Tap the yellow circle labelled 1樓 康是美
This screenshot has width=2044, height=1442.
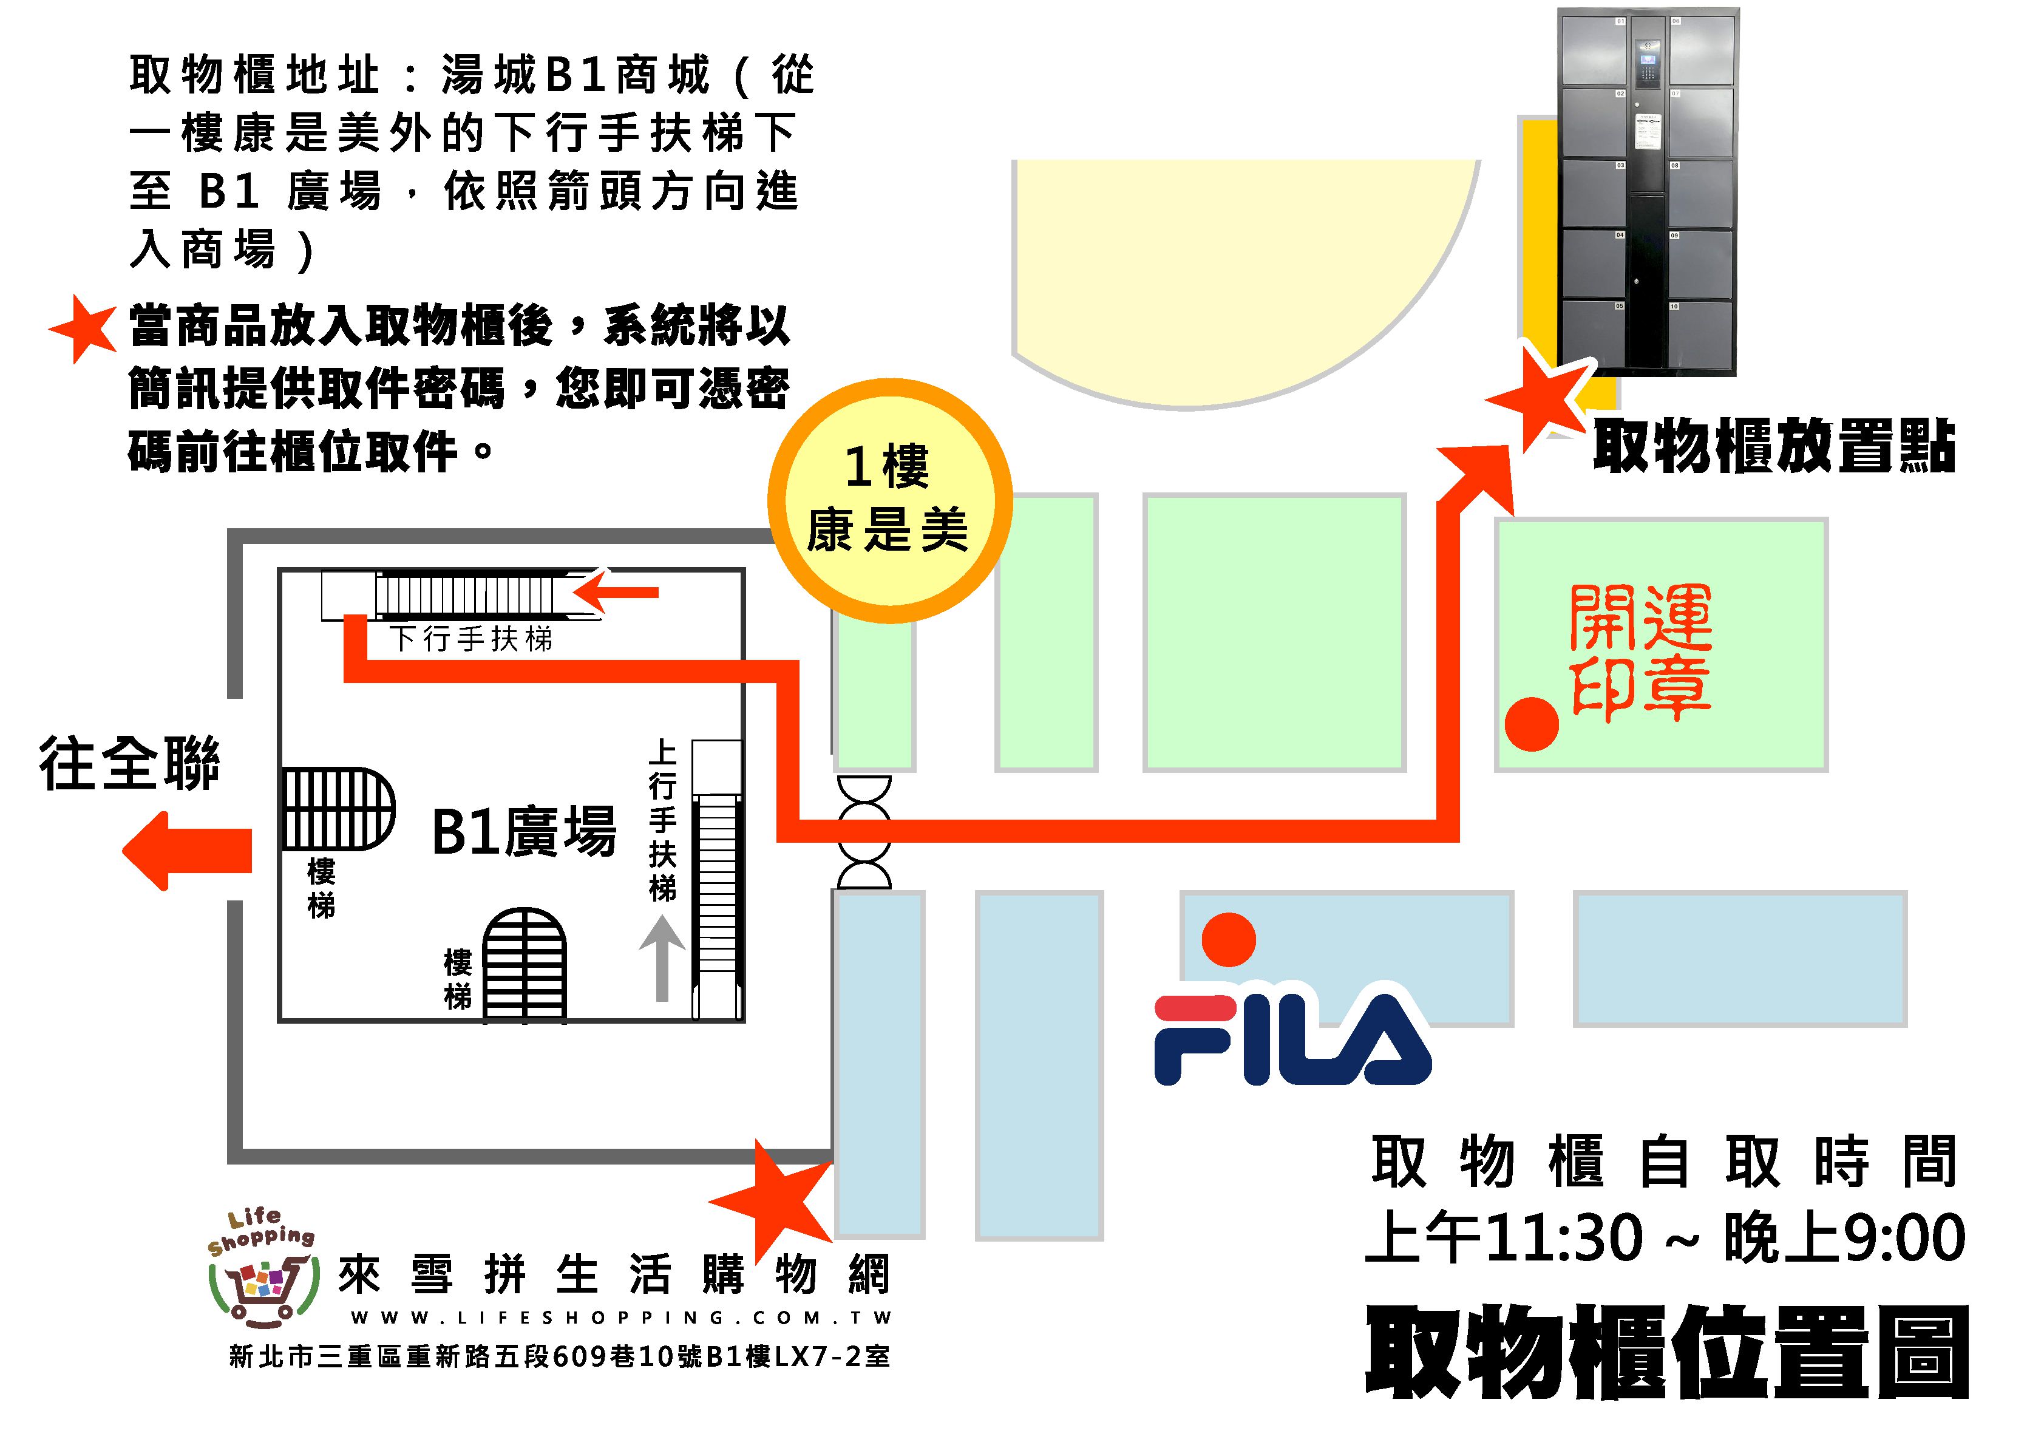point(889,500)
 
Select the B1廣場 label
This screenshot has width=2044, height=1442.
point(523,832)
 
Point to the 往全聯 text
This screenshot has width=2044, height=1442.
point(130,764)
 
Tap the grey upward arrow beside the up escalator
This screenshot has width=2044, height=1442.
point(662,957)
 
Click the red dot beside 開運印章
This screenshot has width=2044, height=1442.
point(1531,724)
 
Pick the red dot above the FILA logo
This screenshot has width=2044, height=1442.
point(1229,940)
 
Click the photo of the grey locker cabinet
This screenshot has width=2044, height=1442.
point(1647,191)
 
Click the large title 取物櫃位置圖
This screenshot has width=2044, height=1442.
point(1666,1353)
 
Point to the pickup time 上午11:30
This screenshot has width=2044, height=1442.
point(1504,1237)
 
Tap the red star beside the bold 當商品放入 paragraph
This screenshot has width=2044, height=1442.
point(83,328)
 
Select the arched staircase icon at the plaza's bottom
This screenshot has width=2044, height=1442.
point(525,964)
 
